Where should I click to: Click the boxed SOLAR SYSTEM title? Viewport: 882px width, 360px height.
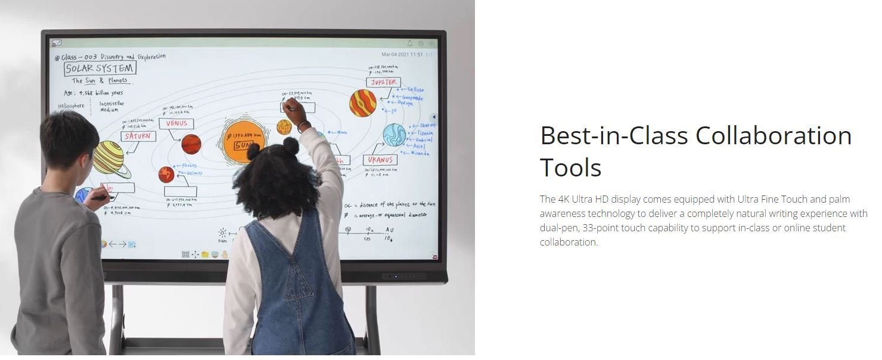tap(100, 69)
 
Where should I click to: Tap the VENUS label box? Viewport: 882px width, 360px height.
tap(176, 123)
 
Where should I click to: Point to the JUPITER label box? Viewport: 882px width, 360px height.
tap(383, 82)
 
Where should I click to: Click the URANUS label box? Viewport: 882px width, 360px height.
tap(380, 160)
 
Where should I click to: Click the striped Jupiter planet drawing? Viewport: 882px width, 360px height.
tap(363, 103)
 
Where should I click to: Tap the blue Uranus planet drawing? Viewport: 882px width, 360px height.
tap(394, 135)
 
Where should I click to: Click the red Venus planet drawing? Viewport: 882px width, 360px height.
tap(191, 144)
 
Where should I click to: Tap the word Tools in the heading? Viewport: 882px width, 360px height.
tap(570, 168)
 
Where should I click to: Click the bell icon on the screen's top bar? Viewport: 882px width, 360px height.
tap(410, 44)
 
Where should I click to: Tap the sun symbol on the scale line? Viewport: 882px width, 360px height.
tap(222, 232)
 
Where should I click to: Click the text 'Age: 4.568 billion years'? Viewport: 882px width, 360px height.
tap(94, 93)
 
